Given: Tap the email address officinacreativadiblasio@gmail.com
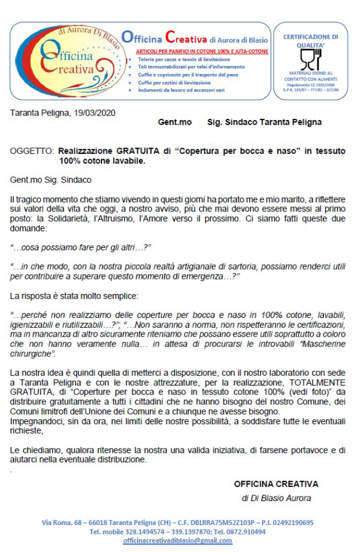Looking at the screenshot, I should coord(177,541).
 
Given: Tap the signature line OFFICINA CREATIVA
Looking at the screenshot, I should coord(276,484).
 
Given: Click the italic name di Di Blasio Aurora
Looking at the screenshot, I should coord(277,498).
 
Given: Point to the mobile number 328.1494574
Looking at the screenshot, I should coord(145,531).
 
